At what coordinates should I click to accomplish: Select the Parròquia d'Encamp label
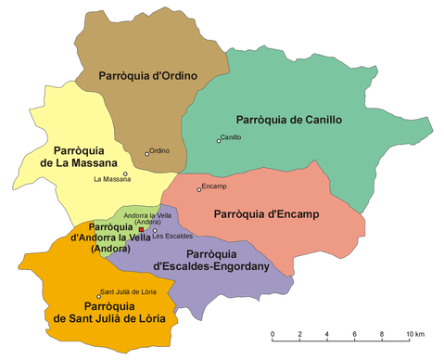pyautogui.click(x=266, y=214)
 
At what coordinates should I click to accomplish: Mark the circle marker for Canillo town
pyautogui.click(x=219, y=141)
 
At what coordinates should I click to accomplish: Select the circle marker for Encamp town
pyautogui.click(x=198, y=189)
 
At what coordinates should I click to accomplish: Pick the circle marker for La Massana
pyautogui.click(x=125, y=174)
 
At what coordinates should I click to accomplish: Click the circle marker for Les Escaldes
pyautogui.click(x=155, y=231)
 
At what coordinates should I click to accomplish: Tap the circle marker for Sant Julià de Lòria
pyautogui.click(x=99, y=296)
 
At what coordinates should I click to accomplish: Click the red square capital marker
pyautogui.click(x=141, y=229)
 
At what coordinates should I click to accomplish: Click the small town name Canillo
pyautogui.click(x=232, y=137)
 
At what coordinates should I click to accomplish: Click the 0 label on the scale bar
pyautogui.click(x=273, y=334)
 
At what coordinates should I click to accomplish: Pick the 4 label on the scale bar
pyautogui.click(x=326, y=334)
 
